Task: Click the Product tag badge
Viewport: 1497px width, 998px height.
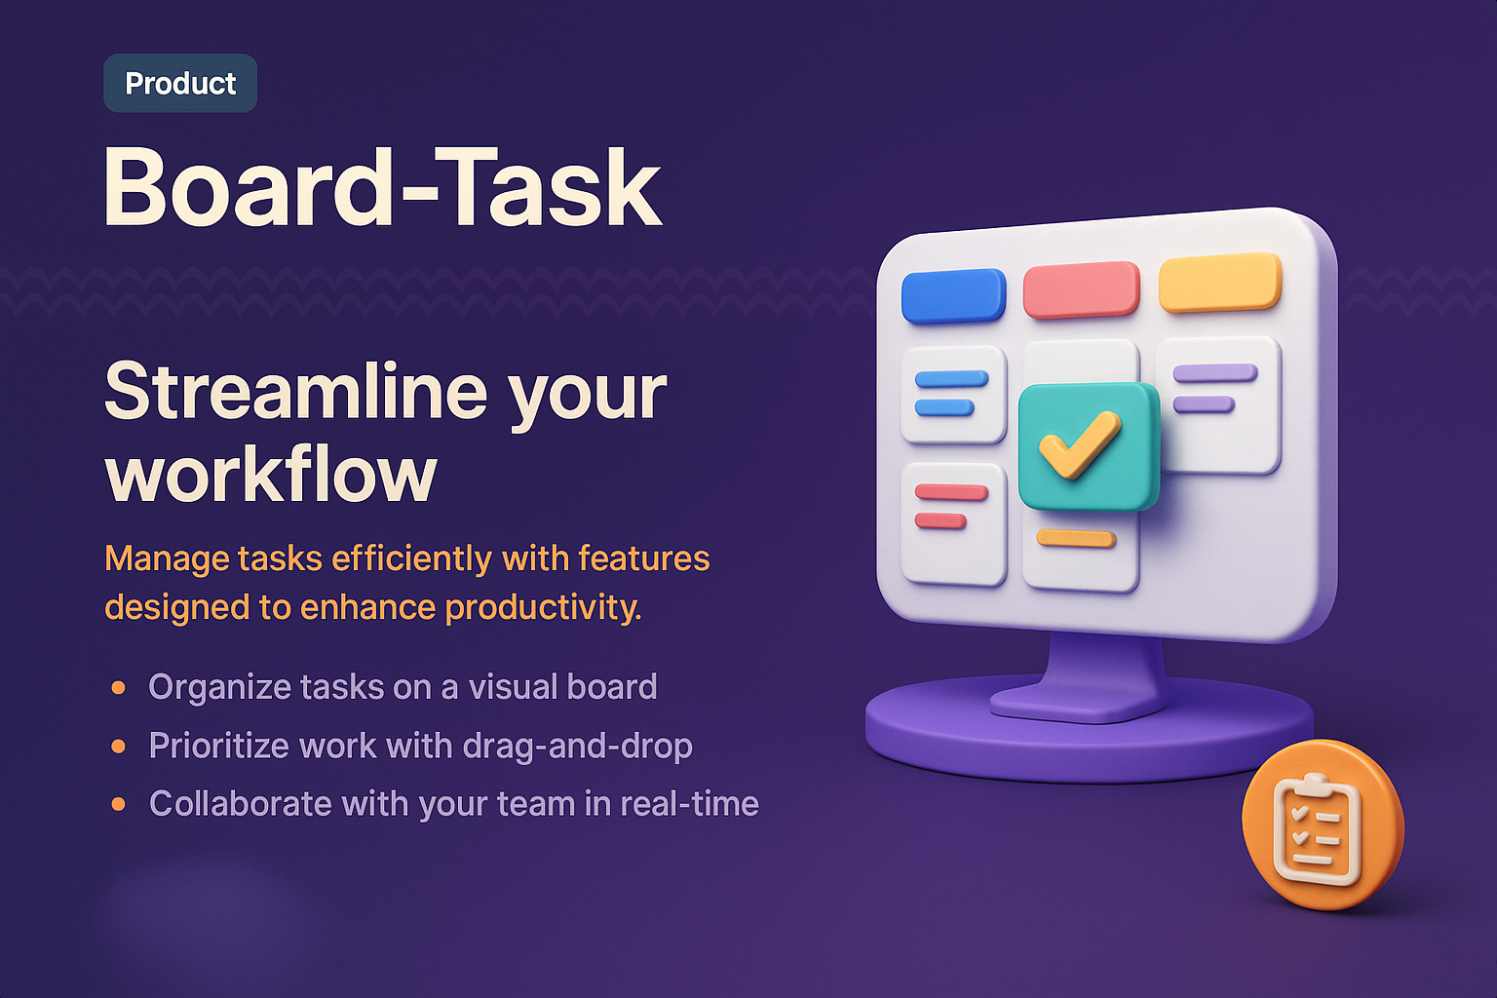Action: [x=180, y=83]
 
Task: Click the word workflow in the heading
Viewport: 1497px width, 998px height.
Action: [x=271, y=475]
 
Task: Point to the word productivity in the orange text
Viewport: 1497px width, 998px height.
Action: [x=543, y=607]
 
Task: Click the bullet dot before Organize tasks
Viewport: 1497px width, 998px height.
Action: [x=119, y=688]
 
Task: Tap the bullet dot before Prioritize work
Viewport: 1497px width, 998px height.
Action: [x=119, y=747]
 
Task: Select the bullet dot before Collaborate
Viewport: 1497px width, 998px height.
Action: [x=119, y=804]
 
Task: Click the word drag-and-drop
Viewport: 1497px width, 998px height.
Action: [x=577, y=746]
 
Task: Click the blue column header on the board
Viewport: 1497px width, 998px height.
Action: [x=953, y=295]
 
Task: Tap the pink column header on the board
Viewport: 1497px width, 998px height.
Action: [x=1081, y=289]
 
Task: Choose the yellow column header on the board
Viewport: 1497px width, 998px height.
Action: [x=1219, y=282]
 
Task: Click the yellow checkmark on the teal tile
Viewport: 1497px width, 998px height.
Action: [x=1080, y=444]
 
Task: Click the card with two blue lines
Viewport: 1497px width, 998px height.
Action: [x=953, y=394]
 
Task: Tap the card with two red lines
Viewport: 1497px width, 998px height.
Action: [x=953, y=522]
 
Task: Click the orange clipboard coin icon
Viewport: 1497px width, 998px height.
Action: [x=1322, y=825]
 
